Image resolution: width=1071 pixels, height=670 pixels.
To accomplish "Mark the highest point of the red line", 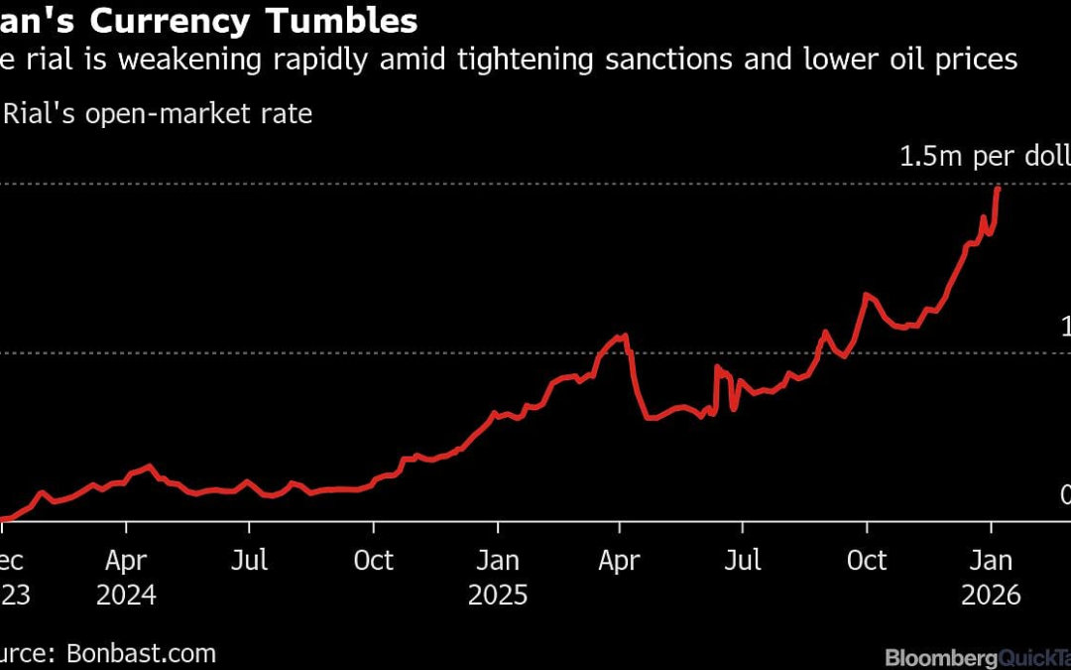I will [x=997, y=188].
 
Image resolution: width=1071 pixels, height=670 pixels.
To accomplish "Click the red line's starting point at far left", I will [x=3, y=518].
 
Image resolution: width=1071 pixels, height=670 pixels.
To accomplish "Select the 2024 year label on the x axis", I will [x=127, y=595].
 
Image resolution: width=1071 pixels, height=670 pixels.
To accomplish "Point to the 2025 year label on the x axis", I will [x=498, y=595].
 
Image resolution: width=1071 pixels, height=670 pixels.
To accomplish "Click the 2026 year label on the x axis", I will [x=991, y=595].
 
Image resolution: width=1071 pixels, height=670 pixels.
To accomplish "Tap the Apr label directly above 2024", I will [x=127, y=561].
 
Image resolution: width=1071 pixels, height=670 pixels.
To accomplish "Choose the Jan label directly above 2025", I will [x=498, y=561].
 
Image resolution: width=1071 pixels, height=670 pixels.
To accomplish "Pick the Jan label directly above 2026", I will [x=991, y=561].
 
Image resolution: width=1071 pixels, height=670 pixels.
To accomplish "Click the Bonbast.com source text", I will [x=142, y=653].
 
